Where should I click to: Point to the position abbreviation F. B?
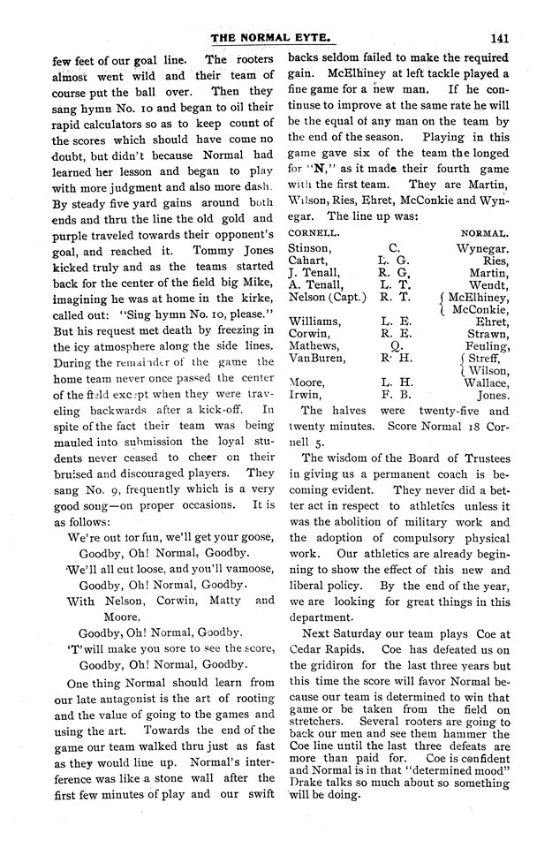click(391, 397)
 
